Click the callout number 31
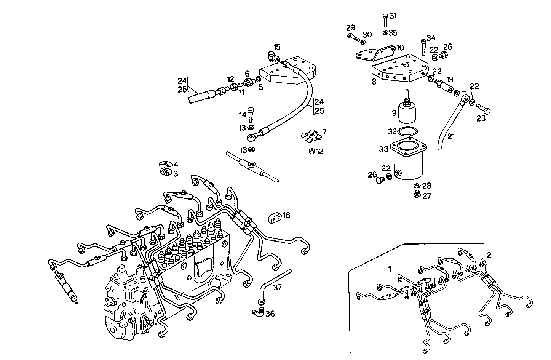(x=393, y=16)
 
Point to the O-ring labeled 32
(x=406, y=131)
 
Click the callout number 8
(x=374, y=82)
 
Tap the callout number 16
(x=286, y=216)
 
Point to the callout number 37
(x=277, y=287)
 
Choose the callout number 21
(x=451, y=136)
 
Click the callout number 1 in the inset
(x=390, y=269)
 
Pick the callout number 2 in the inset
(x=489, y=255)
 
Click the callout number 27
(x=426, y=196)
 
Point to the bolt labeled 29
(x=354, y=37)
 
